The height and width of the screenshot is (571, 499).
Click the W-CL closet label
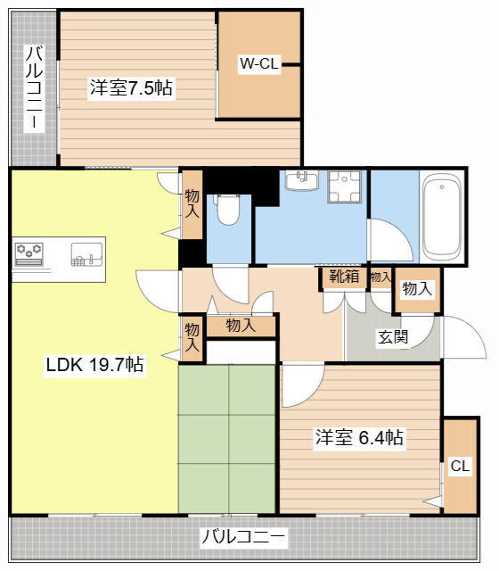pyautogui.click(x=259, y=63)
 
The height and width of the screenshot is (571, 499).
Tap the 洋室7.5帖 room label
pyautogui.click(x=131, y=87)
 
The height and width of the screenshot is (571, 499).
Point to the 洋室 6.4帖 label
pyautogui.click(x=359, y=438)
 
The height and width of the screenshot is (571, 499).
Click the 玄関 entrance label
pyautogui.click(x=393, y=337)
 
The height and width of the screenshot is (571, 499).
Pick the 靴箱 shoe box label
pyautogui.click(x=344, y=277)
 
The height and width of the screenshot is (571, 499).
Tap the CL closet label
pyautogui.click(x=460, y=466)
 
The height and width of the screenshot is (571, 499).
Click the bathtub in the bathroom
pyautogui.click(x=442, y=216)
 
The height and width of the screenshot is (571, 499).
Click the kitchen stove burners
pyautogui.click(x=29, y=253)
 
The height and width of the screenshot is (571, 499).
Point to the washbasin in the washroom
pyautogui.click(x=302, y=182)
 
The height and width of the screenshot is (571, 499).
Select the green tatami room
pyautogui.click(x=226, y=438)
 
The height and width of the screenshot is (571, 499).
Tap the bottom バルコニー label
pyautogui.click(x=243, y=538)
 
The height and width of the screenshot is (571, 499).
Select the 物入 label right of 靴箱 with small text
pyautogui.click(x=380, y=277)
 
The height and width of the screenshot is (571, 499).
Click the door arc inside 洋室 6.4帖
pyautogui.click(x=299, y=380)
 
